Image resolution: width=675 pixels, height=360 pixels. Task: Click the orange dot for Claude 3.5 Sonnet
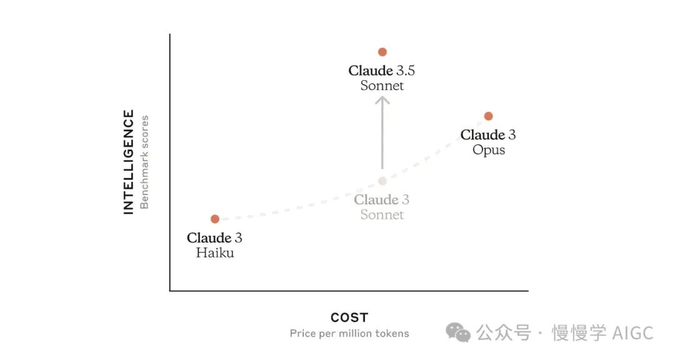(382, 52)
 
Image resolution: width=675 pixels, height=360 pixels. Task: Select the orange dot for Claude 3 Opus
(488, 116)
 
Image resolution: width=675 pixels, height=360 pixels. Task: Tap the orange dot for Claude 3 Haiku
(215, 219)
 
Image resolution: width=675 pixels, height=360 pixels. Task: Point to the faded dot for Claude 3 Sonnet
(382, 181)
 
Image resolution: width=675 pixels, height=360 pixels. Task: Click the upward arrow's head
(382, 101)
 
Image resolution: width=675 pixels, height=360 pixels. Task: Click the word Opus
(489, 150)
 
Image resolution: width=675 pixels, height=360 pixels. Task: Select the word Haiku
(215, 252)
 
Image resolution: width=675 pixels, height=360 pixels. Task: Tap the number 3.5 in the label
(406, 71)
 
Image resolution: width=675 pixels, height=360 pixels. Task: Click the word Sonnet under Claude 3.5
(382, 86)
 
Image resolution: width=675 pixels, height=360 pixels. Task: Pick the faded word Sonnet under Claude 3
(382, 214)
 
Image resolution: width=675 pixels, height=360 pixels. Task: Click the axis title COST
(349, 317)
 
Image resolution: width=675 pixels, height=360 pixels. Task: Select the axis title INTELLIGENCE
(129, 162)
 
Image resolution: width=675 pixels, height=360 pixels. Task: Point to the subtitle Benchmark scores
(144, 162)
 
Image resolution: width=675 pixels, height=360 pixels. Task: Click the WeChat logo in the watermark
(458, 333)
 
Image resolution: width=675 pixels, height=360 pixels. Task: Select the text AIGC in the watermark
(632, 333)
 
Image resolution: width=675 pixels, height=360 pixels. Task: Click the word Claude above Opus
(482, 135)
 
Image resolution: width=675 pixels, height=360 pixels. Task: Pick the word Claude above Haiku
(209, 237)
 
